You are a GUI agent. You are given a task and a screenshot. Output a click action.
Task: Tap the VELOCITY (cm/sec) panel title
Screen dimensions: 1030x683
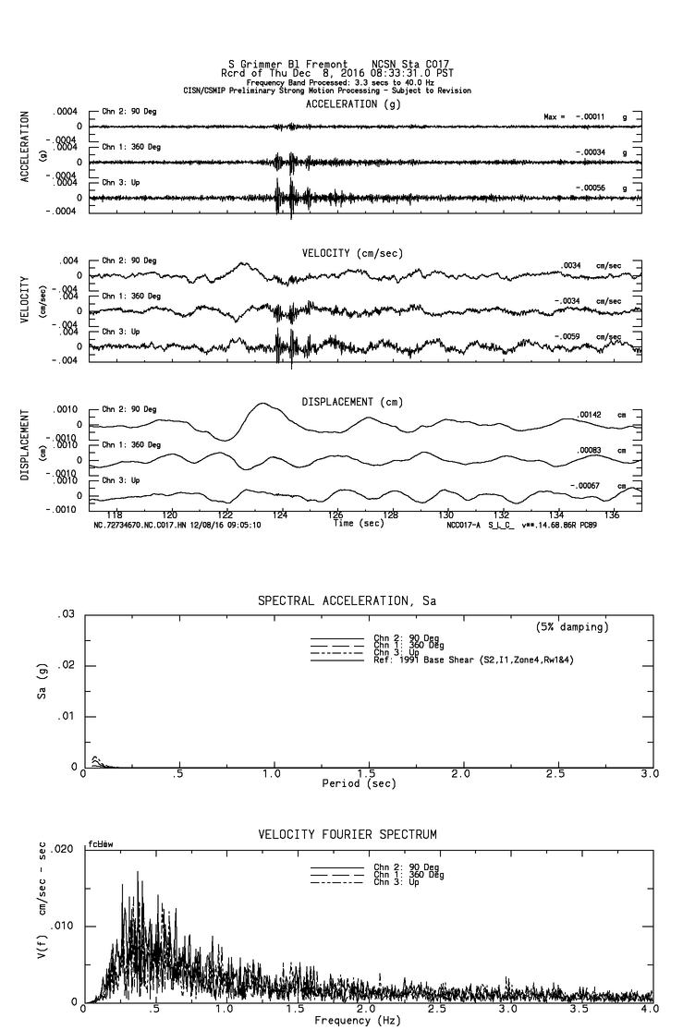coord(352,253)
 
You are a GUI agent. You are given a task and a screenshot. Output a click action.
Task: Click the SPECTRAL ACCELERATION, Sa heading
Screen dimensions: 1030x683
coord(347,600)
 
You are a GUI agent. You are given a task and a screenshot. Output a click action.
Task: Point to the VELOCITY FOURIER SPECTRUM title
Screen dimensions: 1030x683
coord(347,834)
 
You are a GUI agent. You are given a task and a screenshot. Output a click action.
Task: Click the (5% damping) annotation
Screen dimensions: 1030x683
coord(571,627)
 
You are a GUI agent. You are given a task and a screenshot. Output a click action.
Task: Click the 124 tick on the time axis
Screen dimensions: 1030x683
coord(281,515)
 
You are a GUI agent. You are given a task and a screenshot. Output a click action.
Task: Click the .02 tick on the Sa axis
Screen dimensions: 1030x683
coord(67,665)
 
